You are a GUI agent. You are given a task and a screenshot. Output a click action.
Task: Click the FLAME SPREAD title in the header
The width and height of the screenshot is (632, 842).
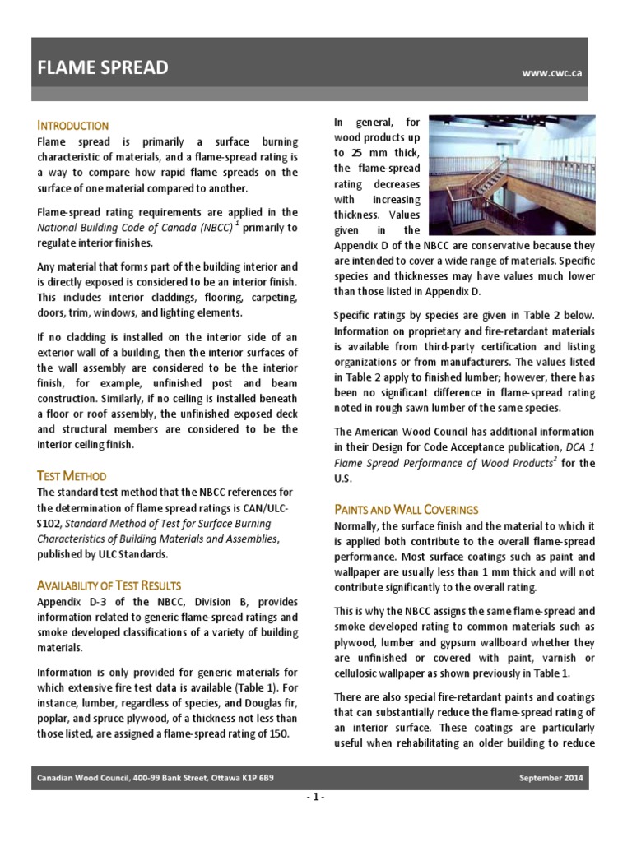pos(103,68)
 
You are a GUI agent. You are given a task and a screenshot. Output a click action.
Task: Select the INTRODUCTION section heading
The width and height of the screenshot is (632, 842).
pos(73,125)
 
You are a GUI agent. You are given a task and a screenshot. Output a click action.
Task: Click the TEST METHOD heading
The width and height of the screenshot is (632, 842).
pos(72,476)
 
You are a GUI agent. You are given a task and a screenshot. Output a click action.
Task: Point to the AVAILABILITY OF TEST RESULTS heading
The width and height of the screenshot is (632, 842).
pos(109,585)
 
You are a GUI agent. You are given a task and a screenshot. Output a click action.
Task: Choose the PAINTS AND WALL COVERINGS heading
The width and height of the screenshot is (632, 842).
pos(406,509)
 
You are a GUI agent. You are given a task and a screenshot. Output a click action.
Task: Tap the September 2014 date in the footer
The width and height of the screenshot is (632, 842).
pos(559,778)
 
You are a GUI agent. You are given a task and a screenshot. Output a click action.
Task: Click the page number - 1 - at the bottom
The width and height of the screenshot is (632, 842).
pos(316,798)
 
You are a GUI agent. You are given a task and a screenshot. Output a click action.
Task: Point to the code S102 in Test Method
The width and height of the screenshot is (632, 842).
pos(49,523)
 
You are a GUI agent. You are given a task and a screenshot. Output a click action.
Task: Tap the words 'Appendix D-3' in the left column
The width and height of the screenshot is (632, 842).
pos(69,602)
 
